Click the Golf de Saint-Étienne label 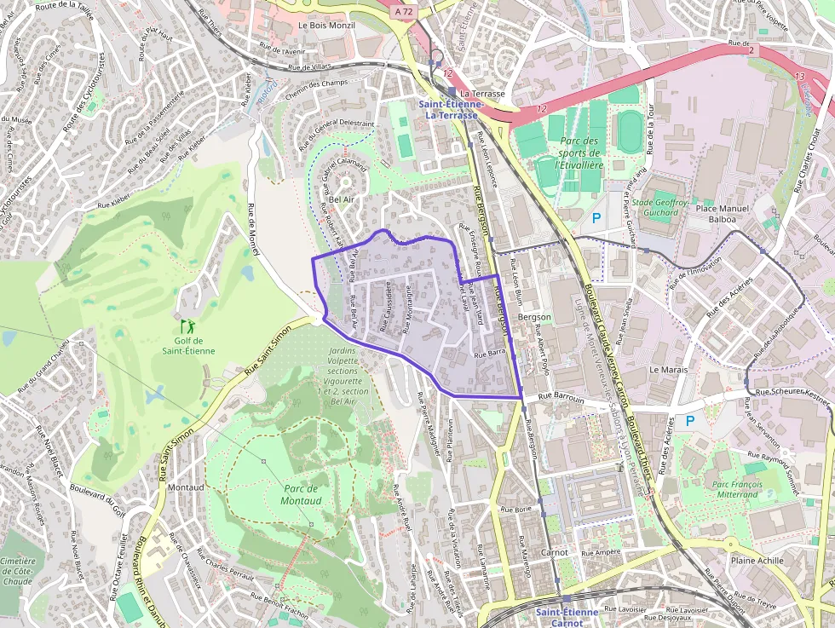click(185, 345)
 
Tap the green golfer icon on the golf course click(187, 326)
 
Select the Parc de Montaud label click(300, 494)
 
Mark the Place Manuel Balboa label click(722, 213)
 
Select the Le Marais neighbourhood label click(668, 370)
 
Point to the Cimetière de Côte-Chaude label click(18, 572)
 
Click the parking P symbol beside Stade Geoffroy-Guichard click(596, 218)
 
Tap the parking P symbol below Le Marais click(690, 420)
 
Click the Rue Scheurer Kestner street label click(792, 394)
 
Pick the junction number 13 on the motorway click(799, 77)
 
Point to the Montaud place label click(186, 487)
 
